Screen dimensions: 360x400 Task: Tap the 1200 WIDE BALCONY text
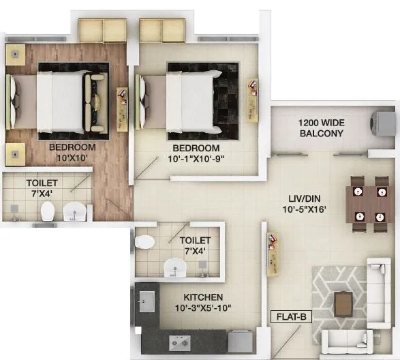pos(321,128)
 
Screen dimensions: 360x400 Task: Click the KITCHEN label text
pos(203,297)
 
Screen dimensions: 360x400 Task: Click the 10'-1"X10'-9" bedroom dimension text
pos(196,160)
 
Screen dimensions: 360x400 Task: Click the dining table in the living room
pos(369,200)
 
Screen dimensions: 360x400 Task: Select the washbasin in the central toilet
pos(176,268)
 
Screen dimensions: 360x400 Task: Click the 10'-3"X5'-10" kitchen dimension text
pos(203,309)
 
